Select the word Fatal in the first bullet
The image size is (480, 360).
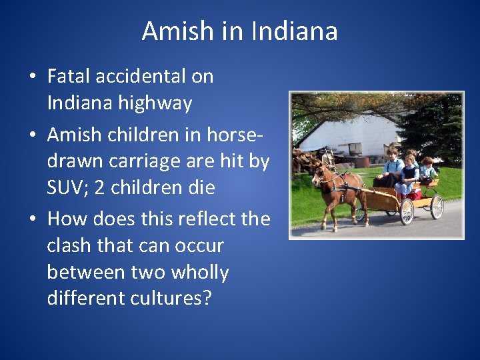click(x=71, y=76)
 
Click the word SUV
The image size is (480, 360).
click(x=67, y=188)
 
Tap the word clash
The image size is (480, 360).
click(x=70, y=245)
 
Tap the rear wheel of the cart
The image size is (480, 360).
click(x=437, y=207)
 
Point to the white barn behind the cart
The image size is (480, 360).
click(x=347, y=137)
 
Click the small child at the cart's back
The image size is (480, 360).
click(x=427, y=170)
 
